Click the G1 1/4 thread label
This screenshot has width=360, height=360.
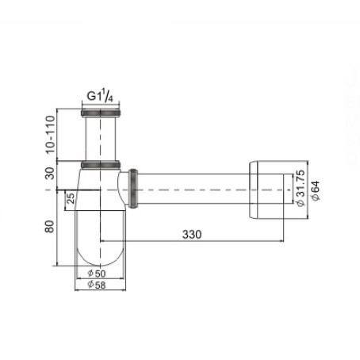coord(100,95)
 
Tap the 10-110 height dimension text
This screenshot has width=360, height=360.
coord(50,135)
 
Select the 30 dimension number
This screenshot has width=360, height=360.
coord(50,174)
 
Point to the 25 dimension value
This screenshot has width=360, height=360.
coord(71,198)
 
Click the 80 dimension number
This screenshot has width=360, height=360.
coord(49,227)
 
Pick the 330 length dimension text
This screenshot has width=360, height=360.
coord(192,235)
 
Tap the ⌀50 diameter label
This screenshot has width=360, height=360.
coord(97,274)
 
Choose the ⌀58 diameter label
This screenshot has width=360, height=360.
coord(97,285)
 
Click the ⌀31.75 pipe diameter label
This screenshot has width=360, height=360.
coord(301,188)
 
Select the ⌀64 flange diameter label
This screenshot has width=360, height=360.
coord(316,191)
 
